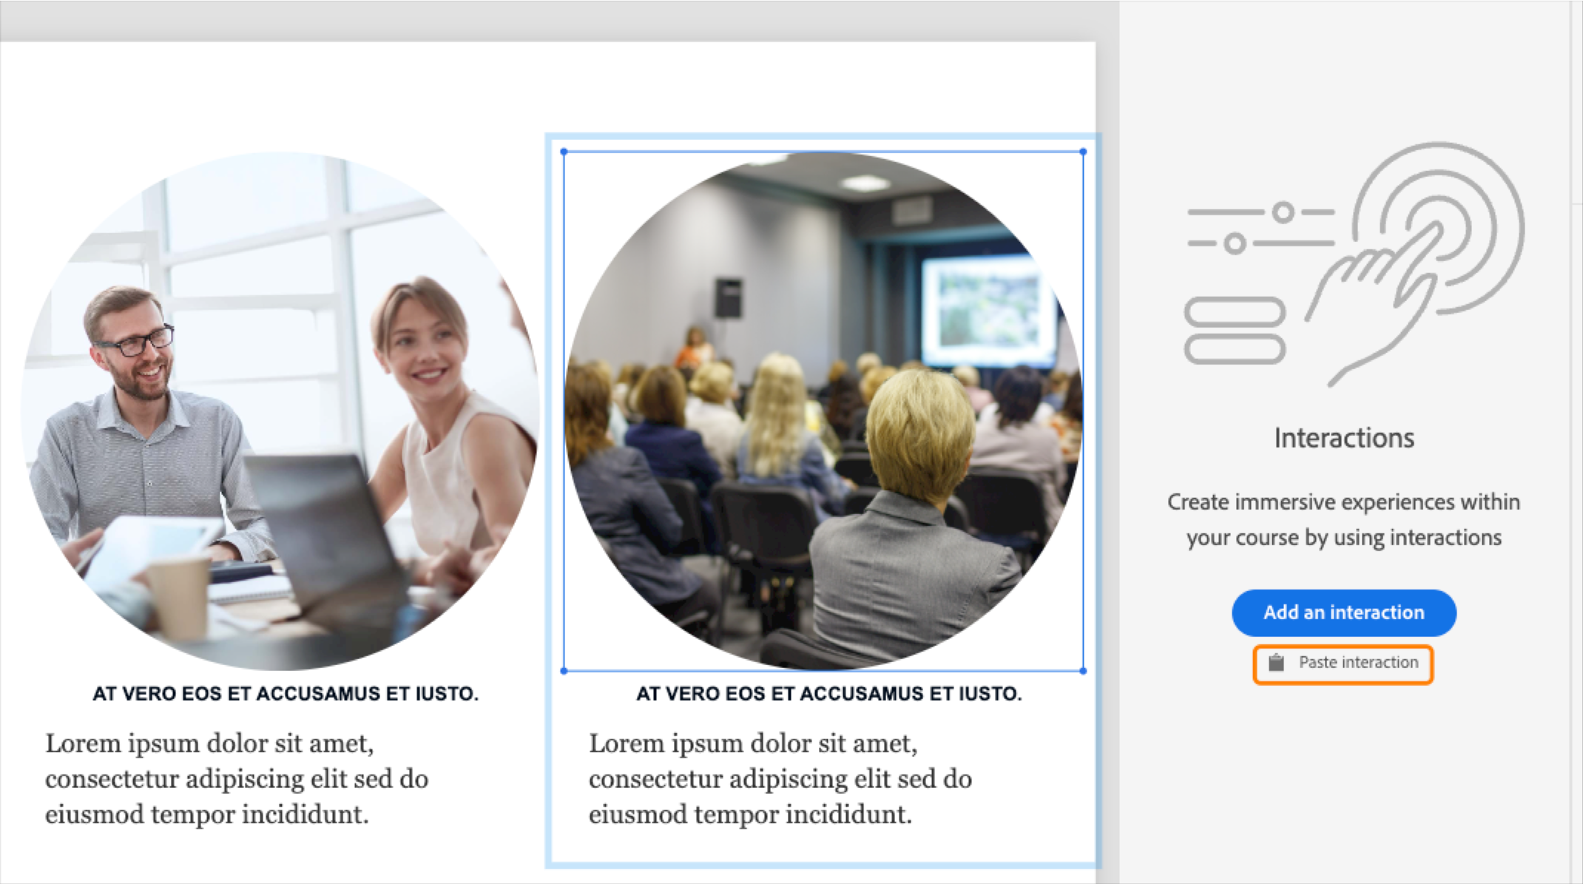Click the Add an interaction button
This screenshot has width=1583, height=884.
tap(1343, 613)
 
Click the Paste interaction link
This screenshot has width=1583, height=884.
tap(1358, 663)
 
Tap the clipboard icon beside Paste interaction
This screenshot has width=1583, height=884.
tap(1276, 663)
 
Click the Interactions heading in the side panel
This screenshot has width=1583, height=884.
tap(1343, 438)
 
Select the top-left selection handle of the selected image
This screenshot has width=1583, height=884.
tap(564, 152)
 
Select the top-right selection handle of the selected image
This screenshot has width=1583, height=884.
tap(1083, 152)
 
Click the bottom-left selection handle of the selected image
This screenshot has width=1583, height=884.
tap(564, 671)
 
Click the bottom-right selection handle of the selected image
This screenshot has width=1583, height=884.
tap(1083, 671)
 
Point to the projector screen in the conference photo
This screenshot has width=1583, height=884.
tap(988, 309)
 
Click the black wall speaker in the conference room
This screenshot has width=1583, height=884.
tap(728, 297)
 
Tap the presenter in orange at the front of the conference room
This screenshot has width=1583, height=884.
tap(694, 348)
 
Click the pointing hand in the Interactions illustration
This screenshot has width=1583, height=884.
tap(1376, 296)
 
